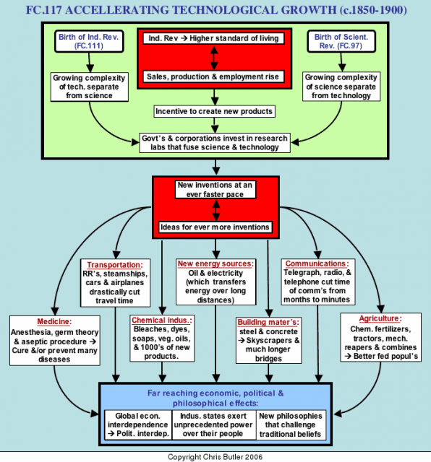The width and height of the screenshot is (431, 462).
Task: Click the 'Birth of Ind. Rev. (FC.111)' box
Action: coord(89,41)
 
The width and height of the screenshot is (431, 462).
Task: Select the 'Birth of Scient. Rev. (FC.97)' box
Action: coord(341,41)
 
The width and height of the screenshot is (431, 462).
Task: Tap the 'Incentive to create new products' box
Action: coord(214,111)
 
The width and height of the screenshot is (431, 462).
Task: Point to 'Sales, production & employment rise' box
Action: coord(213,77)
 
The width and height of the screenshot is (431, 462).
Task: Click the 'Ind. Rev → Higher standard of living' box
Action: coord(213,38)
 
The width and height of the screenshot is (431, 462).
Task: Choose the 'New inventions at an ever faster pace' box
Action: coord(215,189)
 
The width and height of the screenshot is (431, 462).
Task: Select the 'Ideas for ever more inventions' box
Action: coord(215,227)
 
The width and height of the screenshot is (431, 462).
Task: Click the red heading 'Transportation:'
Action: coord(115,265)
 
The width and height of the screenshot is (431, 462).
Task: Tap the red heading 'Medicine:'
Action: coord(54,321)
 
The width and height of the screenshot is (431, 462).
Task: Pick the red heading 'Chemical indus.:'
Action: coord(162,321)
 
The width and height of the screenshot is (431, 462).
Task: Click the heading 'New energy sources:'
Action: coord(215,263)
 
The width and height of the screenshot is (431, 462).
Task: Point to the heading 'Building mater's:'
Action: coord(268,322)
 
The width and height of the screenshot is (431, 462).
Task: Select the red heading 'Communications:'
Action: coord(317,263)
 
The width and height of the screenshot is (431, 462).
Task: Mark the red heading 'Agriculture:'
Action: coord(380,318)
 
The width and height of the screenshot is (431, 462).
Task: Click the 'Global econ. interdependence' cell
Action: coord(138,424)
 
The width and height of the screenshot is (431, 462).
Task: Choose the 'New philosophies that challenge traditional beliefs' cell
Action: coord(291,424)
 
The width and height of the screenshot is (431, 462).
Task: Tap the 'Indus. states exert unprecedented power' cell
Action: coord(214,424)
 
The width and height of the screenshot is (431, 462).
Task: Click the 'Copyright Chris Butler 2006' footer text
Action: coord(215,457)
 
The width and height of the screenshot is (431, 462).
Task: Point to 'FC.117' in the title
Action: coord(43,10)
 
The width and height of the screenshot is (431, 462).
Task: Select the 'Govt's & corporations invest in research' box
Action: coord(215,143)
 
